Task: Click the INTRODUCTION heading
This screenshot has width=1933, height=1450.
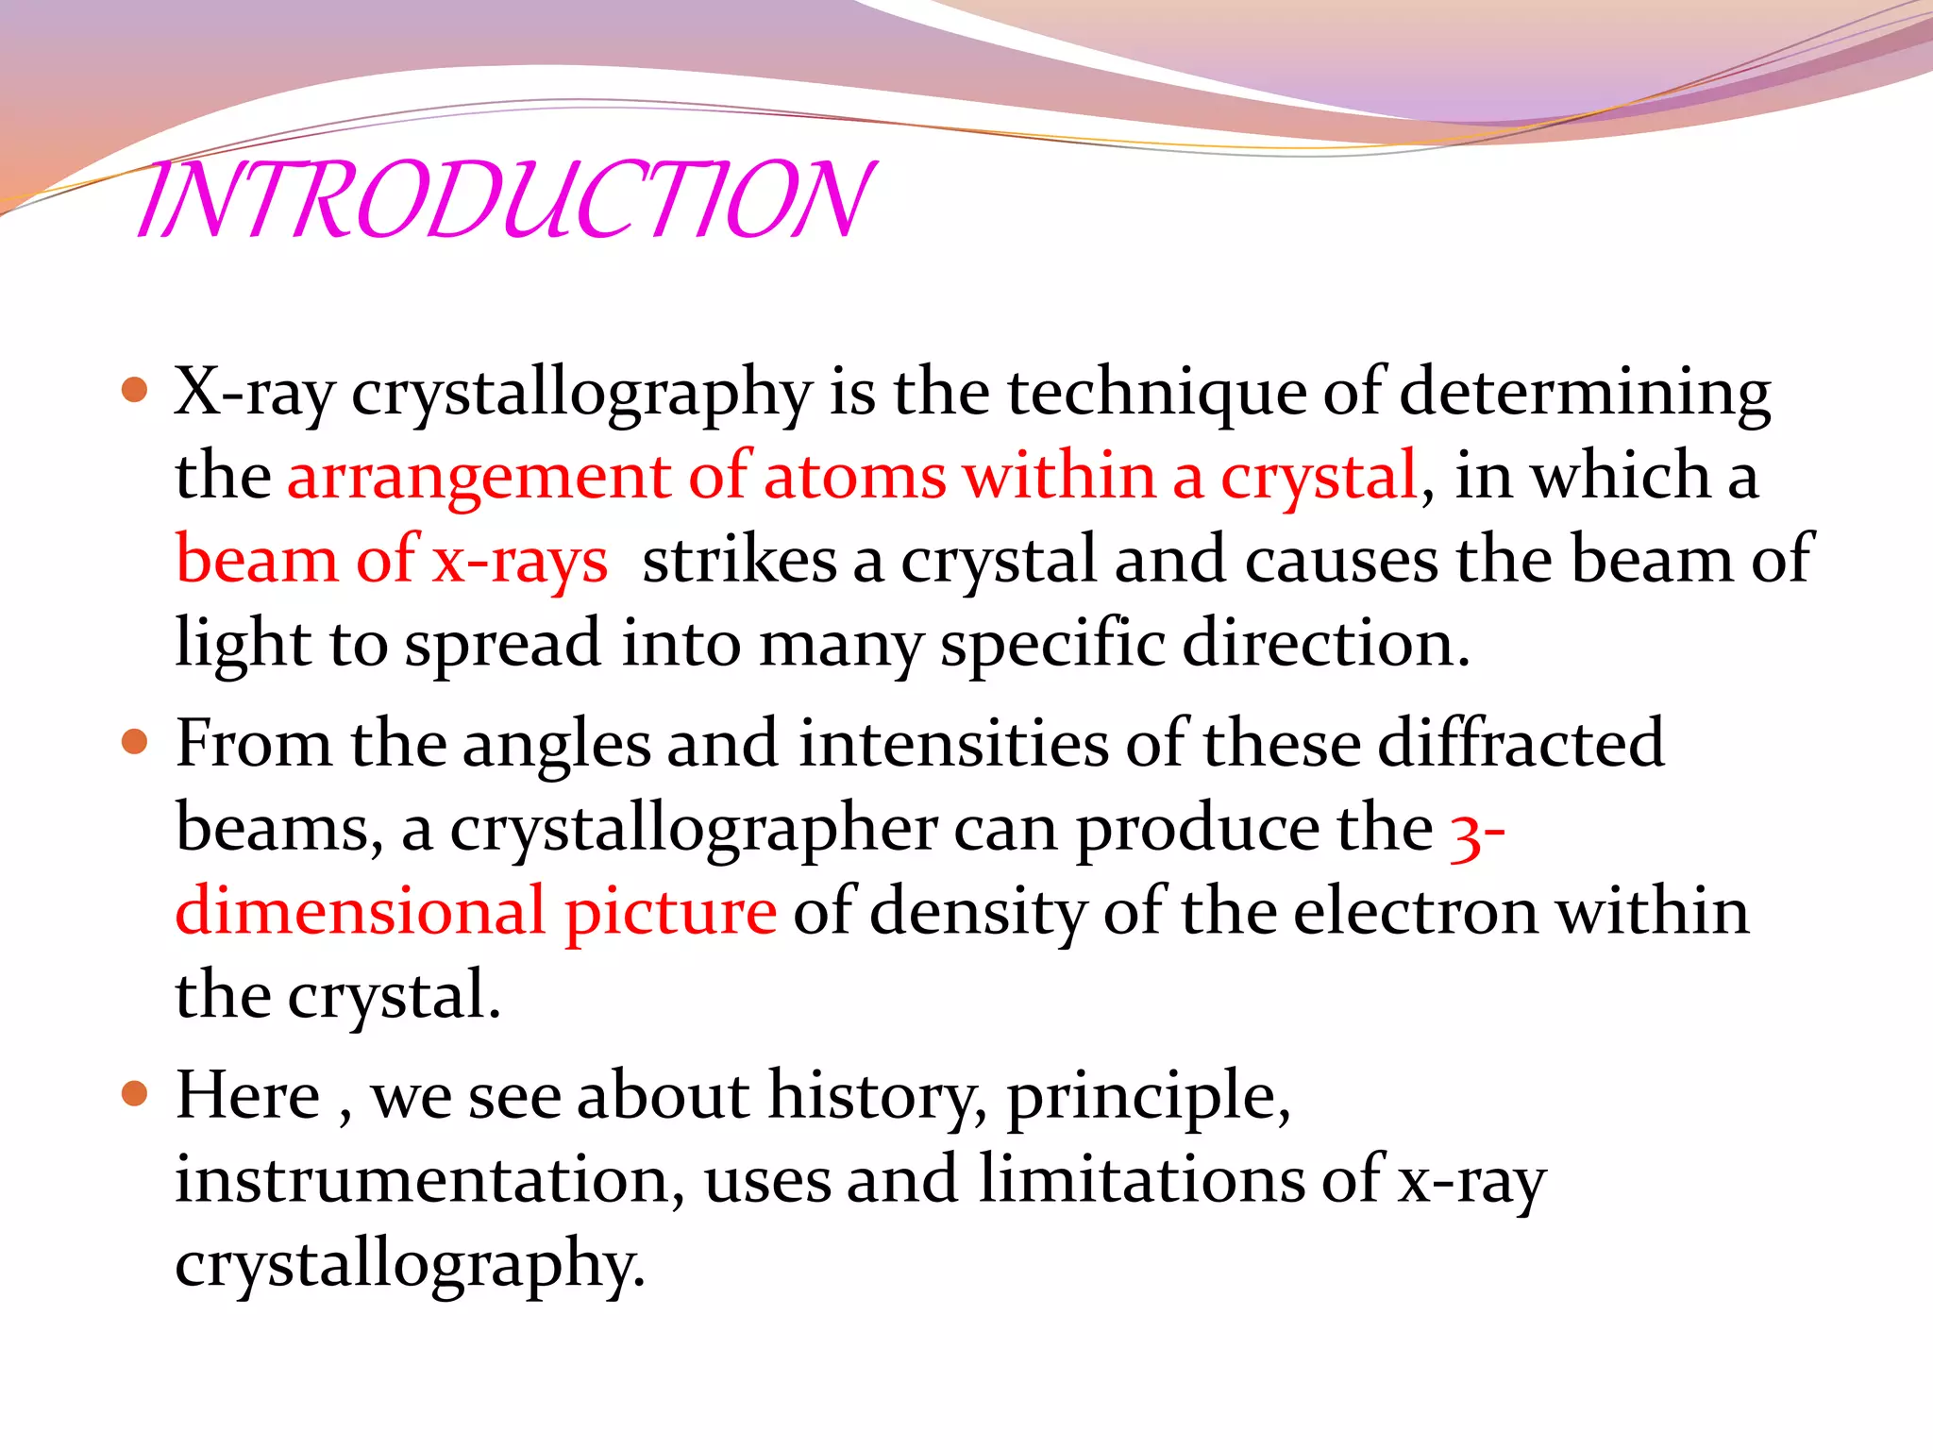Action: [x=505, y=200]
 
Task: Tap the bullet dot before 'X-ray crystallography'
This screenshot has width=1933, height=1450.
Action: [x=135, y=390]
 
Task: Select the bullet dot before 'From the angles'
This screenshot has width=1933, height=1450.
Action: [x=135, y=742]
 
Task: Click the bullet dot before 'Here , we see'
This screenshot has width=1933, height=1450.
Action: [x=135, y=1094]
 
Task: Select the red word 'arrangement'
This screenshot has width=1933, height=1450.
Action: [x=479, y=477]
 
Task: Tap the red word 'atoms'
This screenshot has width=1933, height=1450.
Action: [x=854, y=475]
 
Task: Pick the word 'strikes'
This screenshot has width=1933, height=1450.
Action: [x=739, y=559]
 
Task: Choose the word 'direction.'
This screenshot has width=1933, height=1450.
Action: [x=1326, y=644]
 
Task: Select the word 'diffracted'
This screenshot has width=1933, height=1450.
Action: [x=1521, y=744]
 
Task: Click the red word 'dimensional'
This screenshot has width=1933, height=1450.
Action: [x=361, y=912]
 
